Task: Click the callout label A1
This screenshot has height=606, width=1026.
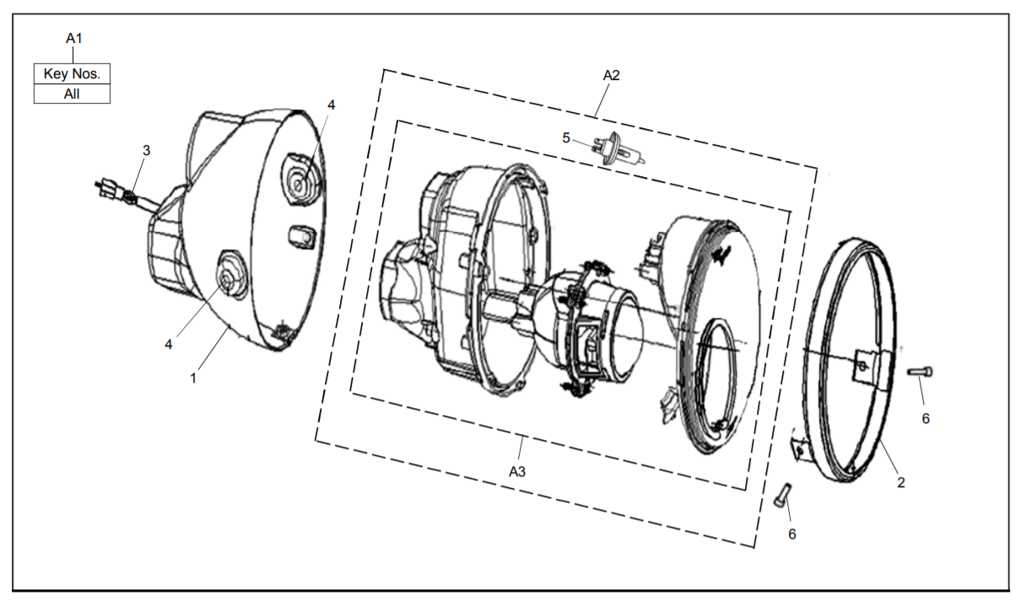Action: (74, 39)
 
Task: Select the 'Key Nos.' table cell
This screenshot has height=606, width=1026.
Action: (72, 73)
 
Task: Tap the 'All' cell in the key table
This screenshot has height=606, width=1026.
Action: (72, 94)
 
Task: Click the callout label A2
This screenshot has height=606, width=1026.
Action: (611, 75)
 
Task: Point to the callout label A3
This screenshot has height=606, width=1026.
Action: (517, 471)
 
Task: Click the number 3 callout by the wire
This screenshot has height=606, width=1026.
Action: (146, 150)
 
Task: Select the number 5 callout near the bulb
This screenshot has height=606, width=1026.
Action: (566, 137)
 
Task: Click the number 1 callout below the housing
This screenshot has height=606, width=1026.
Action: (193, 378)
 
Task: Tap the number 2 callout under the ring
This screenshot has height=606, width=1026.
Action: (900, 482)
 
